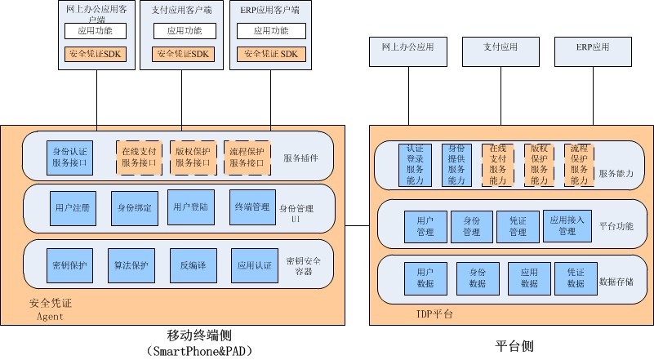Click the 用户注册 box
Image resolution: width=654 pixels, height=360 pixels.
click(x=69, y=208)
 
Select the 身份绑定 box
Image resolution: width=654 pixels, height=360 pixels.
click(x=134, y=208)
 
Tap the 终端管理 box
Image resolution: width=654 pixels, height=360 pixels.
click(x=251, y=207)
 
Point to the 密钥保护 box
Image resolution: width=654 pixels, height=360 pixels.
click(x=69, y=265)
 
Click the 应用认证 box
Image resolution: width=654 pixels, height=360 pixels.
click(x=251, y=265)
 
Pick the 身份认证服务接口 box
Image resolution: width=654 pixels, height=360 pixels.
click(x=69, y=157)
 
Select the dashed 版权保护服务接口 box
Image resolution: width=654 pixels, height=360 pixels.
click(x=192, y=157)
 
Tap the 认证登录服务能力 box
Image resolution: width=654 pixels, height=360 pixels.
click(x=414, y=166)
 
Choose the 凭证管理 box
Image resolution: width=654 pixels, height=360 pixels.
click(x=517, y=226)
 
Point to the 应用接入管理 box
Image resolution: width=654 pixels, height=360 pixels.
click(x=567, y=226)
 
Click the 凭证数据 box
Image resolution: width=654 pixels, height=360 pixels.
click(x=576, y=278)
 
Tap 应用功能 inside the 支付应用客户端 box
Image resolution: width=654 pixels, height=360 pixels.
click(x=184, y=31)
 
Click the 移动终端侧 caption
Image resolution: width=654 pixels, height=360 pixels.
click(x=200, y=335)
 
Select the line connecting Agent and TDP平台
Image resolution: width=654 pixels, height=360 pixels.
click(x=357, y=224)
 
